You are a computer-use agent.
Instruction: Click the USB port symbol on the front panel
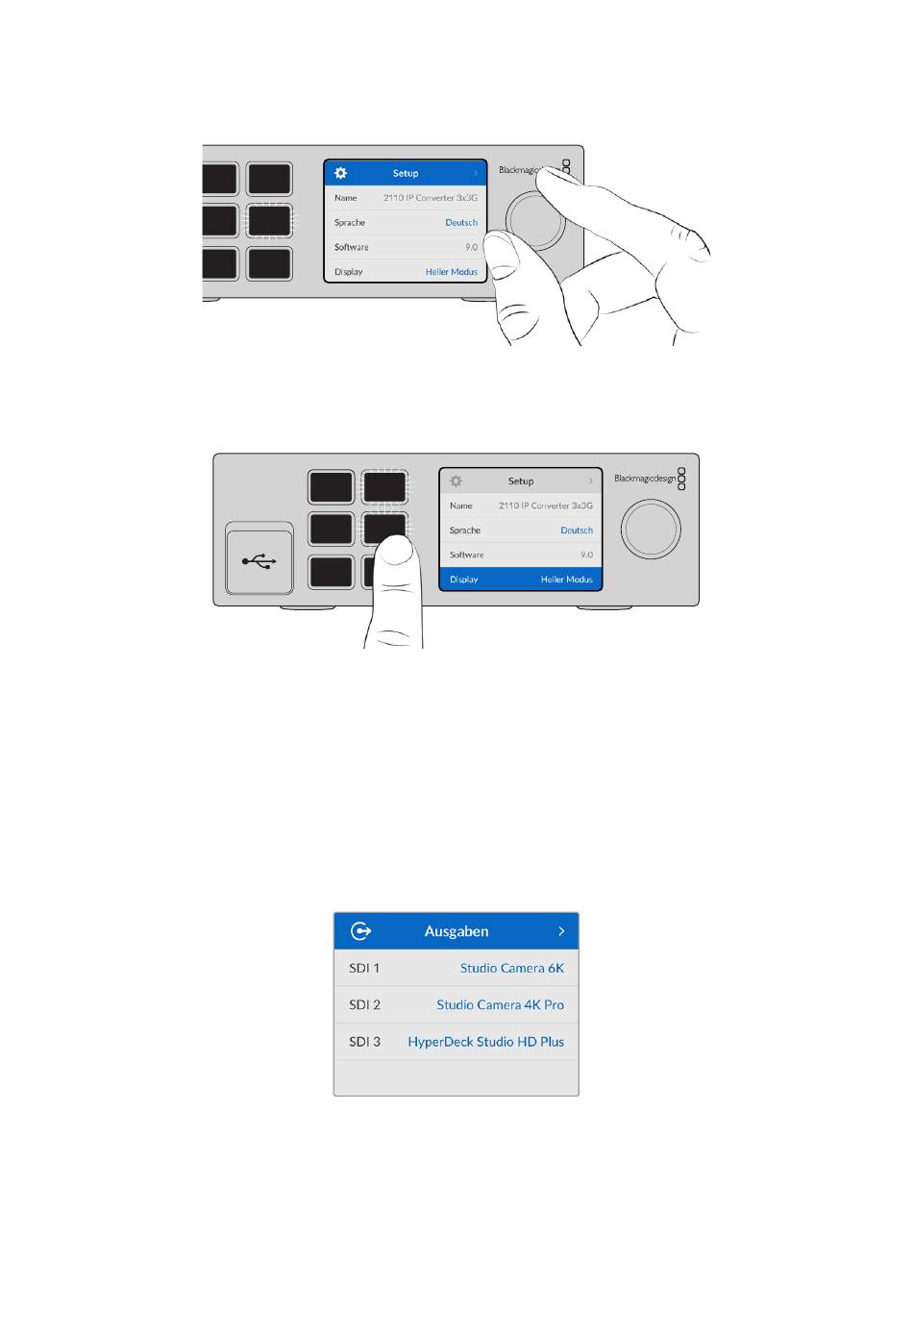coord(259,560)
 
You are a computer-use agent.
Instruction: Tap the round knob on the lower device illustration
coord(651,529)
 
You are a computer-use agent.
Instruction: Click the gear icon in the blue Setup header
coord(340,173)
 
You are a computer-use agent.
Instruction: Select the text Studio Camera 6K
coord(512,968)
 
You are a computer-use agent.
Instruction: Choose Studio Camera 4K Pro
coord(500,1004)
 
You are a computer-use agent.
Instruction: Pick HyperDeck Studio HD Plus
coord(485,1042)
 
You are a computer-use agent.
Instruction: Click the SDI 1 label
coord(364,968)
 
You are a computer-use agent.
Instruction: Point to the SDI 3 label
coord(364,1042)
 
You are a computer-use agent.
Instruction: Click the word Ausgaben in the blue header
coord(456,931)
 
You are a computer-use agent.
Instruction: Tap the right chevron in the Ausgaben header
coord(561,930)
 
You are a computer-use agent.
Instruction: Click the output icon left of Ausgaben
coord(360,930)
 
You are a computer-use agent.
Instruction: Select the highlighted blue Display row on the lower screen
coord(521,579)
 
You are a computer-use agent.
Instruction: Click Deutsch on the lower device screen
coord(576,531)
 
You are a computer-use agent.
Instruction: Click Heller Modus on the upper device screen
coord(451,271)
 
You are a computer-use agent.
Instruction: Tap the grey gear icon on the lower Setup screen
coord(456,481)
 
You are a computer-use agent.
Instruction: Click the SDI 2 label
coord(364,1004)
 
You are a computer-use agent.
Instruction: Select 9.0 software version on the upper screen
coord(471,247)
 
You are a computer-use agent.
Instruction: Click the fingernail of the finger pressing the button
coord(396,549)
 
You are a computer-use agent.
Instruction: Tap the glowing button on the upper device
coord(269,220)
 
